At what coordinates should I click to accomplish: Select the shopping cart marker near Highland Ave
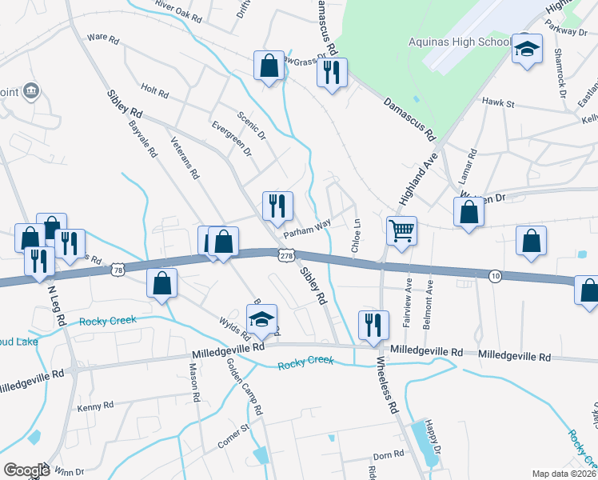[401, 231]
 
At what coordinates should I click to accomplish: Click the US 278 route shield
[287, 254]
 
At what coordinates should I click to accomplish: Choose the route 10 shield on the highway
[496, 276]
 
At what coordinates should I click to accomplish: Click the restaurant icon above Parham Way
[277, 206]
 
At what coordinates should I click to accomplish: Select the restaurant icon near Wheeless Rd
[373, 324]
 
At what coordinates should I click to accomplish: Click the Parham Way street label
[307, 229]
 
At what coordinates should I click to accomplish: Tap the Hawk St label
[497, 102]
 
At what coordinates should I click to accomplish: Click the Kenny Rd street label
[96, 406]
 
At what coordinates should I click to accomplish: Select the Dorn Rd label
[389, 454]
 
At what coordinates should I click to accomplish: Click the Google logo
[26, 470]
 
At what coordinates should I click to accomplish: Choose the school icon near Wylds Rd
[261, 319]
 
